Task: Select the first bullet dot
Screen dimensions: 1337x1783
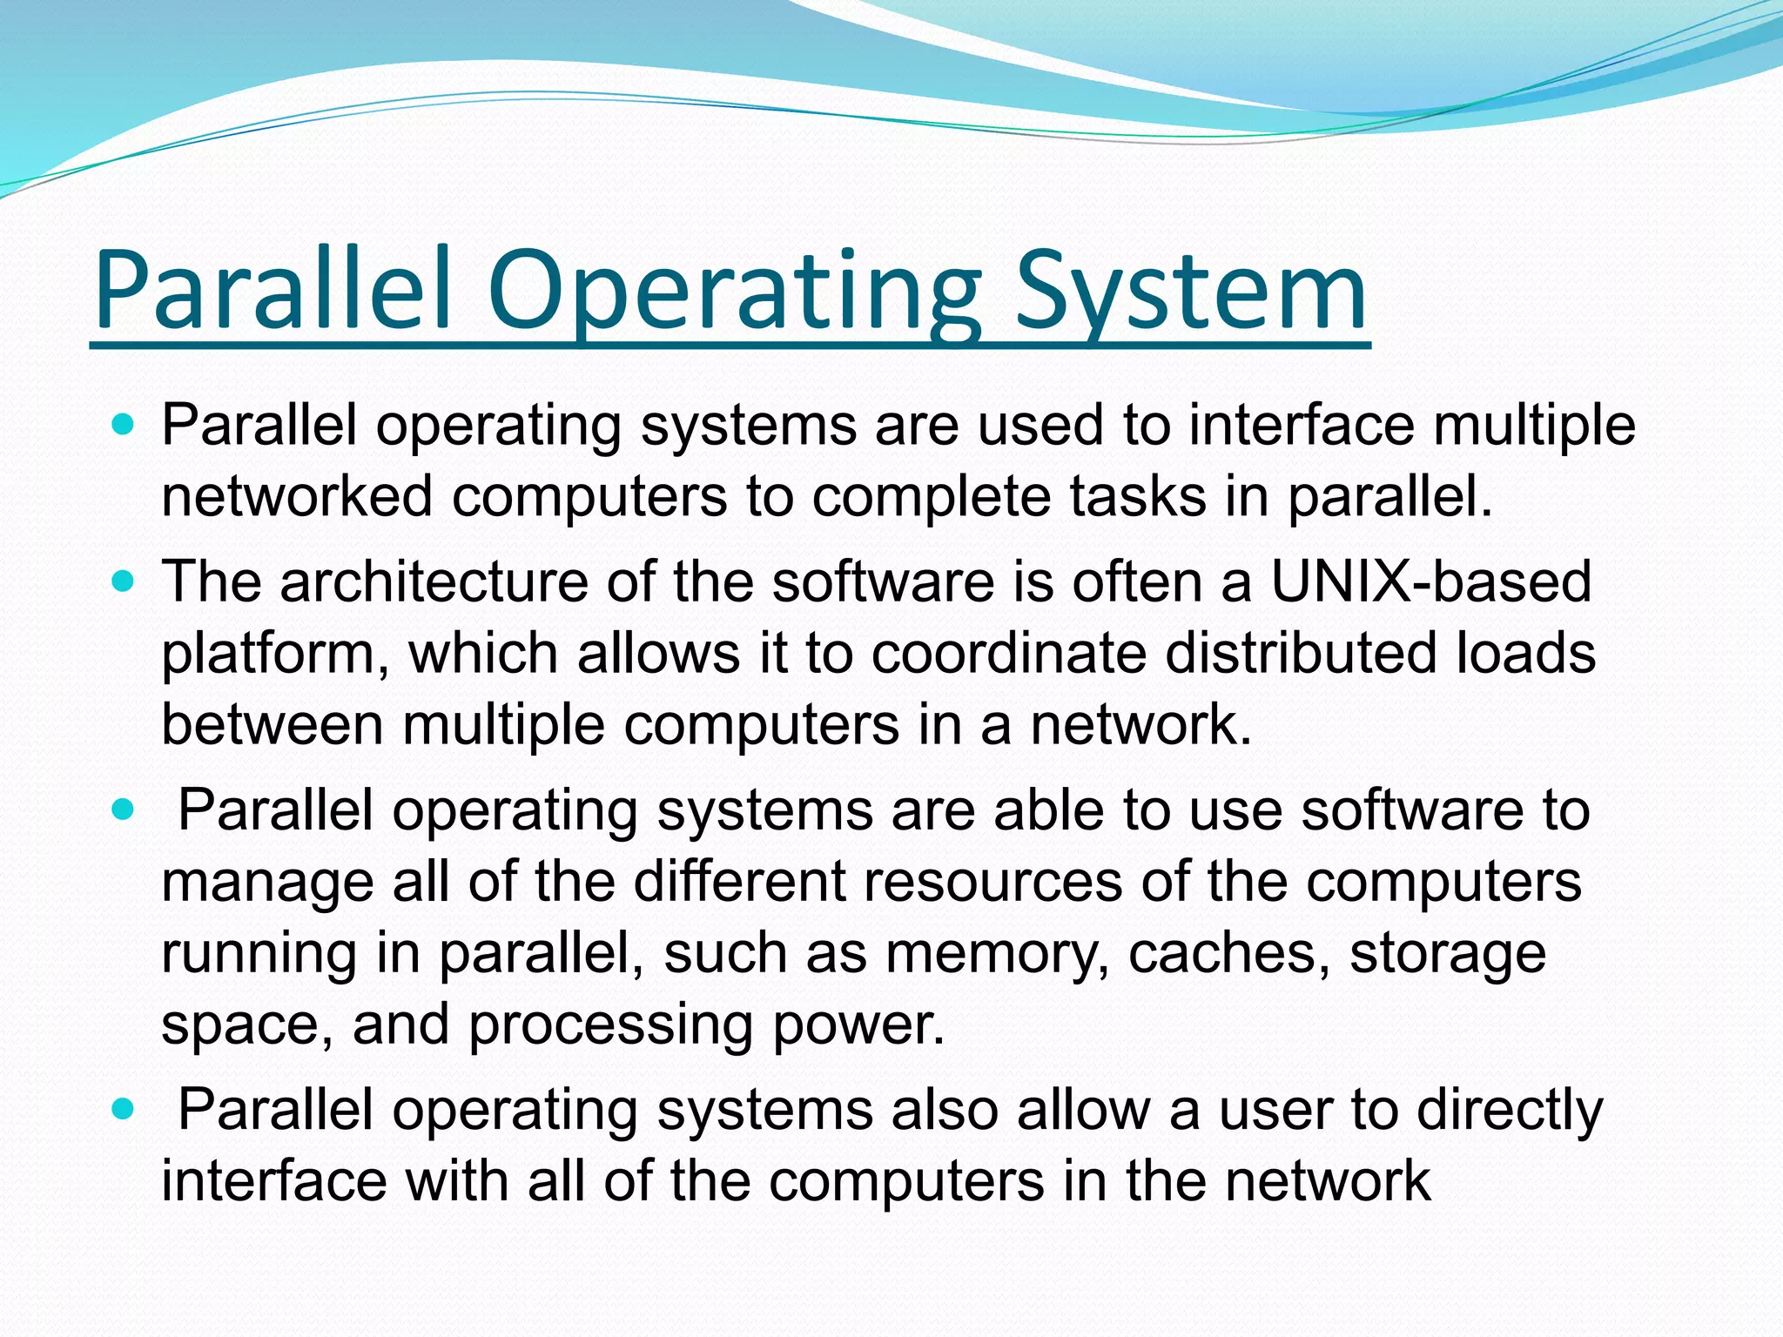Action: click(x=124, y=427)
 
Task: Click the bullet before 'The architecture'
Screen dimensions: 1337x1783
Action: click(x=124, y=581)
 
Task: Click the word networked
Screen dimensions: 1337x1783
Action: click(x=297, y=497)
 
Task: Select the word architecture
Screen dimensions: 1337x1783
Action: click(x=434, y=581)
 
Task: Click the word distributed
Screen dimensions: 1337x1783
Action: click(x=1301, y=653)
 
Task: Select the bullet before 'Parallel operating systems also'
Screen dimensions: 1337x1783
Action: click(x=124, y=1110)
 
